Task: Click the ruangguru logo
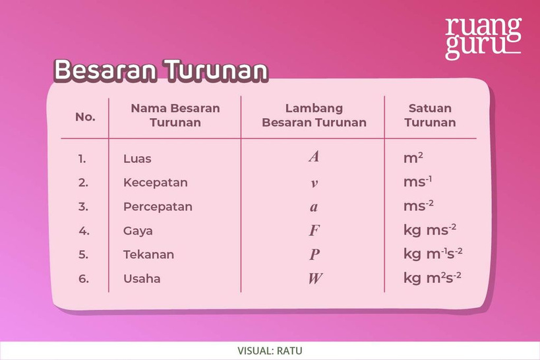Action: point(483,39)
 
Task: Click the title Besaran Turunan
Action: point(161,71)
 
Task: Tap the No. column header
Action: point(85,117)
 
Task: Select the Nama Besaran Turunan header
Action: point(175,115)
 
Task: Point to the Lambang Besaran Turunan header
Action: point(314,115)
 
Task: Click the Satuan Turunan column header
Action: point(430,115)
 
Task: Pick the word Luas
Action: point(137,159)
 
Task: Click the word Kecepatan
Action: point(156,183)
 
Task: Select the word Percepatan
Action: point(158,206)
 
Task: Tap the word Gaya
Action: point(138,231)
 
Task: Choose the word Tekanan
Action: point(148,255)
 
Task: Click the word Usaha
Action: point(142,278)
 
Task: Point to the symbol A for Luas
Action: point(314,157)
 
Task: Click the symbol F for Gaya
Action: point(314,231)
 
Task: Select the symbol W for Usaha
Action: point(315,278)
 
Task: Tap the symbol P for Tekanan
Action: point(315,255)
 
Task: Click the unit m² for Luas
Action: point(413,158)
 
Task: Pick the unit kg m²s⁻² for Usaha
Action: point(433,278)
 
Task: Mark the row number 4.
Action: point(84,231)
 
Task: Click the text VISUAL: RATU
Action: point(270,351)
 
